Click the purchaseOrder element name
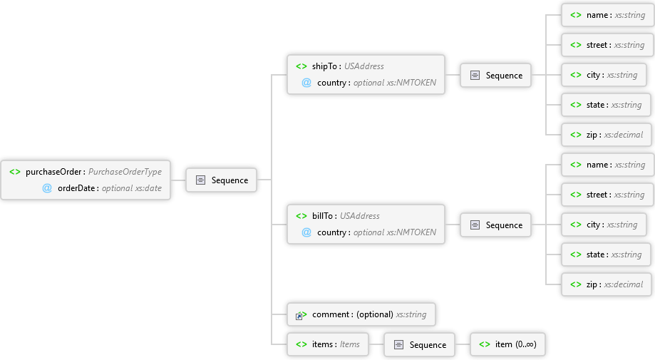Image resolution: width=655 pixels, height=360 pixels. tap(53, 172)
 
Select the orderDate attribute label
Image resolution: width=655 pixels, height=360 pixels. tap(76, 188)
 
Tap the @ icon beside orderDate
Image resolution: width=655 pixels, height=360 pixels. tap(47, 188)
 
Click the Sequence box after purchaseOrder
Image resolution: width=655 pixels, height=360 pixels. tap(222, 180)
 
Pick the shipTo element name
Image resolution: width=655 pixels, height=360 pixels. tap(324, 66)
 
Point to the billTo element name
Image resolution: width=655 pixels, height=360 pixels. tap(322, 215)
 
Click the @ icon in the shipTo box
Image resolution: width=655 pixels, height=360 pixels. tap(306, 83)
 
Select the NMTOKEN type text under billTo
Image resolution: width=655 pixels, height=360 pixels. tap(411, 232)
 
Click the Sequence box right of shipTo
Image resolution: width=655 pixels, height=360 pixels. tap(496, 75)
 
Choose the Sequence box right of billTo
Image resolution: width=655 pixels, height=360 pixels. tap(496, 225)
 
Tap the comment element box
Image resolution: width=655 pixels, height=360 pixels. tap(361, 314)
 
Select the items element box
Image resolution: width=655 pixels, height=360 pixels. tap(328, 344)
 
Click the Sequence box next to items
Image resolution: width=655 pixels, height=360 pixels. tap(419, 344)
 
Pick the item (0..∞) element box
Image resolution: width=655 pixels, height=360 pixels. tap(507, 344)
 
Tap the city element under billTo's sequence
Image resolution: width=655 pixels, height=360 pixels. tap(604, 225)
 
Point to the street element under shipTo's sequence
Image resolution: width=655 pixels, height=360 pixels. tap(607, 45)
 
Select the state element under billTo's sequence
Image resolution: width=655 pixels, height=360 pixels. tap(606, 254)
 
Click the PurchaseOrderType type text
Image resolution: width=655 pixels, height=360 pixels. tap(125, 172)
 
